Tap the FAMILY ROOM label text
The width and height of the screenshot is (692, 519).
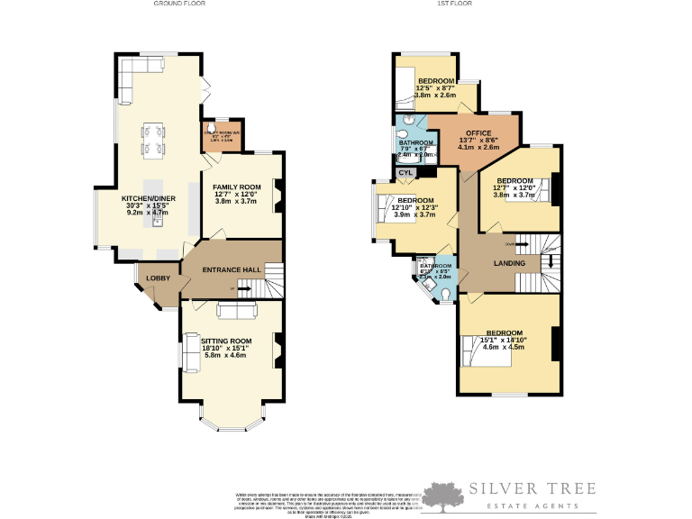tap(236, 187)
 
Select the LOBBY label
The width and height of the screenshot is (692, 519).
tap(159, 278)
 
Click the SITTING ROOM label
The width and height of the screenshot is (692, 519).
tap(226, 341)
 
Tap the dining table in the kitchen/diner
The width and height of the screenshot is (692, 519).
tap(152, 140)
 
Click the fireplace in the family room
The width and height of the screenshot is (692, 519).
tap(278, 194)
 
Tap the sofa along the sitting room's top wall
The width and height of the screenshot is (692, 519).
tap(236, 311)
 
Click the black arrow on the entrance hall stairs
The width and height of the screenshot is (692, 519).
tap(240, 288)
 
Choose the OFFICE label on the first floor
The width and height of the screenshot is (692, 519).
tap(478, 133)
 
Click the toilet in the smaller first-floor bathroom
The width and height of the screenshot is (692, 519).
tap(445, 292)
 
